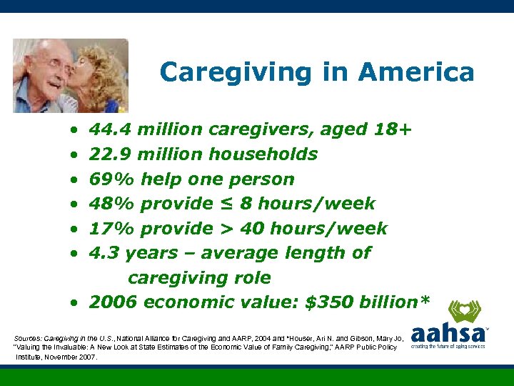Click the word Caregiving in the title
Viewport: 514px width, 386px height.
(223, 72)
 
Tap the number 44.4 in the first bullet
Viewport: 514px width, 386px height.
(110, 129)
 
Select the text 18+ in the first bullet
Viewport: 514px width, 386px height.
(393, 129)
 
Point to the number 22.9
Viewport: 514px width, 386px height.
(110, 154)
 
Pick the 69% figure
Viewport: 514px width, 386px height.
(108, 179)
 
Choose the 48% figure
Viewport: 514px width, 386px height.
(108, 204)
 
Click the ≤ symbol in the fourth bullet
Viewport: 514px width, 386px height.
(226, 204)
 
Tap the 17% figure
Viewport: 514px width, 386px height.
(108, 229)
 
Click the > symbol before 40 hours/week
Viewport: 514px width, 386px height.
(226, 229)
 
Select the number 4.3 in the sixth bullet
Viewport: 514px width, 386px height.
(103, 253)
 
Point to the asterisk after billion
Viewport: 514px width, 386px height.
(425, 301)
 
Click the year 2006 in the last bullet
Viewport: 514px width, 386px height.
(113, 302)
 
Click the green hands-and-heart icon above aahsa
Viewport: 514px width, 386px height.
(465, 311)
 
